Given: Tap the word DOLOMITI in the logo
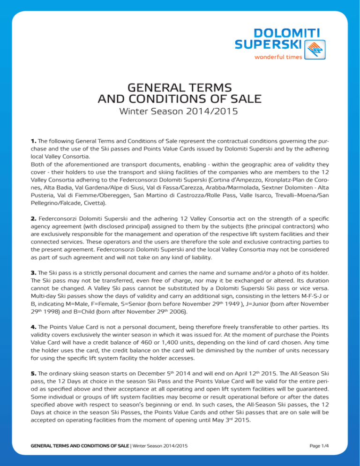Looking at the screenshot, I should [280, 33].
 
